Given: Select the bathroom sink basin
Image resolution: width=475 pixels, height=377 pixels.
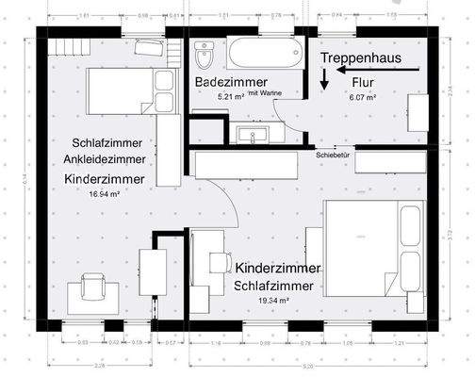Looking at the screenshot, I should [x=254, y=135].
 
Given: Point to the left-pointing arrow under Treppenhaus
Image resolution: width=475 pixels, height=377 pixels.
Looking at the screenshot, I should [x=363, y=72].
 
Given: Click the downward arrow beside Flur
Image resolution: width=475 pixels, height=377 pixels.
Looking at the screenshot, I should [x=323, y=83].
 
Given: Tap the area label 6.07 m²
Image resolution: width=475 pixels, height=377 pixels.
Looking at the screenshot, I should [x=363, y=97].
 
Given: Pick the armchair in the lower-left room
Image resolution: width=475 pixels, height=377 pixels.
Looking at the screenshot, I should [x=92, y=285].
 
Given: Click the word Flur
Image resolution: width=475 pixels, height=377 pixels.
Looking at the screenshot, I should [x=364, y=83].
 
